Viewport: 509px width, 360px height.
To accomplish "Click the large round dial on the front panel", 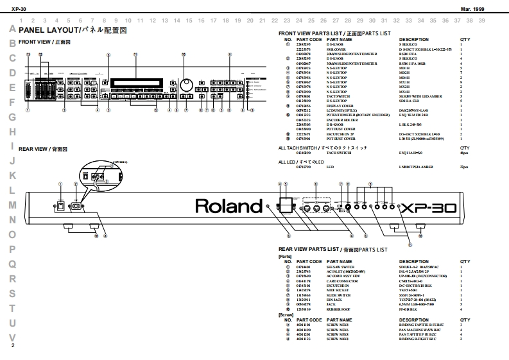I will tap(187, 86).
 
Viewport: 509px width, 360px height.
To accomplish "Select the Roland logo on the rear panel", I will tap(225, 207).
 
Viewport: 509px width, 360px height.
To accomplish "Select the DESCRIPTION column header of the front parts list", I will tap(413, 39).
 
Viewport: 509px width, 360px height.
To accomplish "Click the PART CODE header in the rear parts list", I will tap(307, 262).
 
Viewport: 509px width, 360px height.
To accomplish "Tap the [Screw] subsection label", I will tap(286, 315).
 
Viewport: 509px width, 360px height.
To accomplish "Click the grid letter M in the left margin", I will tap(12, 205).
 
